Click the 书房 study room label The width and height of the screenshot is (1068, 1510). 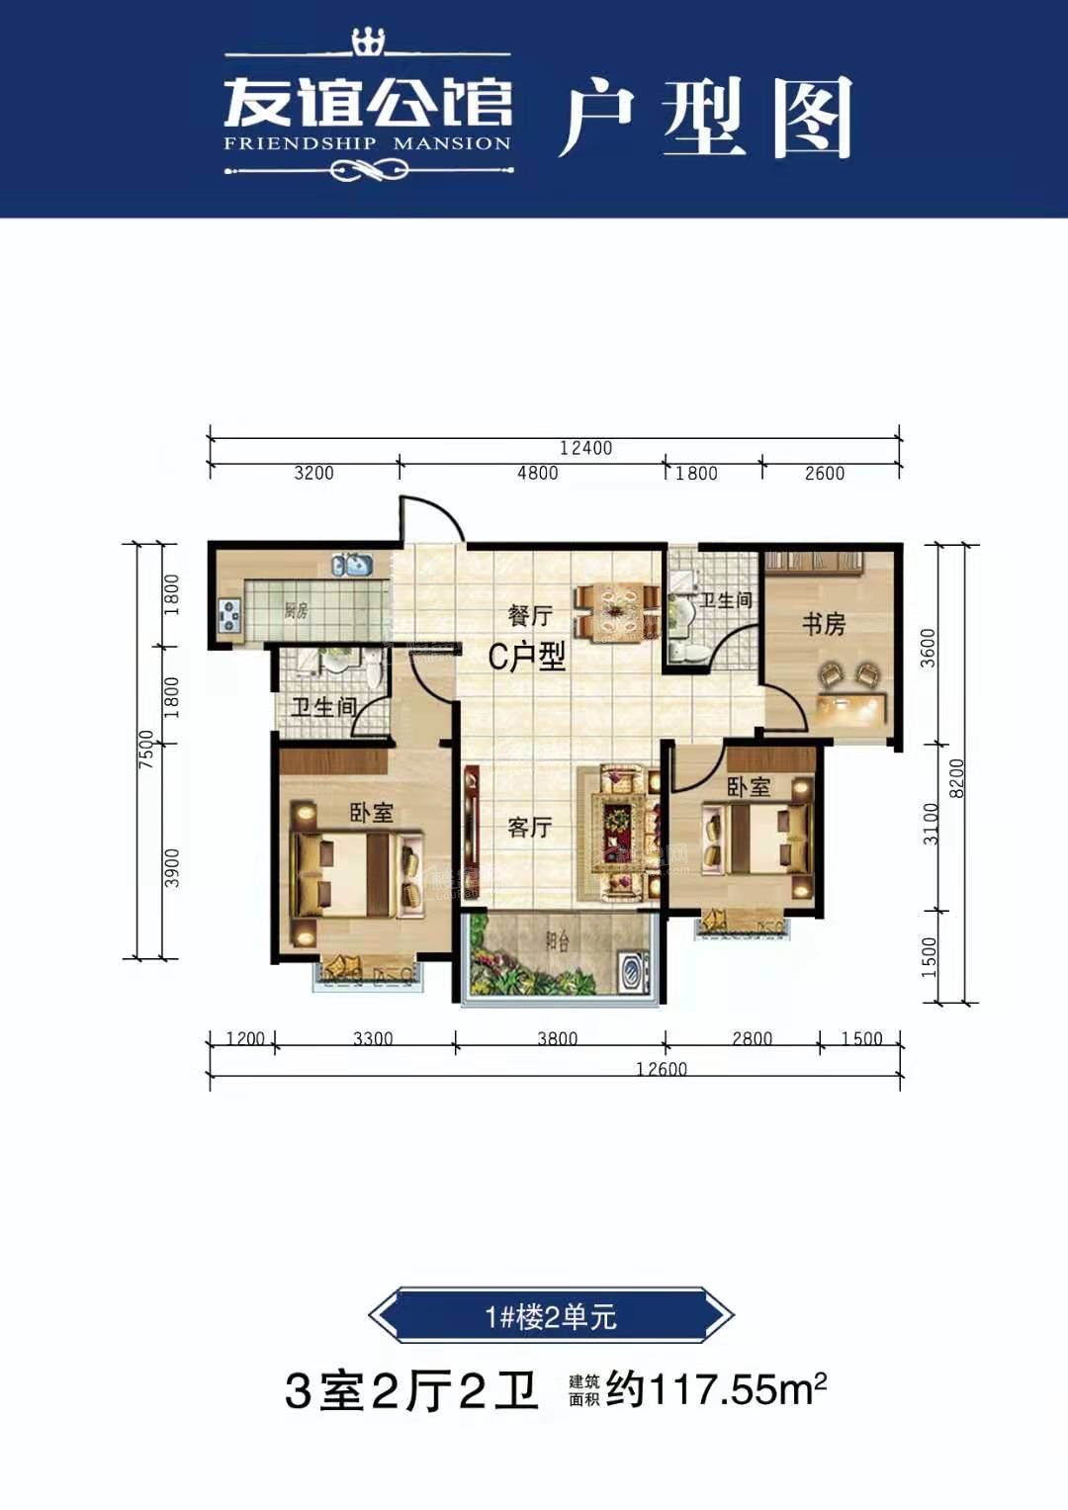point(823,624)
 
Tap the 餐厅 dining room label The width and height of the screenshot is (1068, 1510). point(530,615)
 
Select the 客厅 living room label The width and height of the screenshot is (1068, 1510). point(529,827)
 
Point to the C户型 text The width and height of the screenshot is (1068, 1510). point(527,656)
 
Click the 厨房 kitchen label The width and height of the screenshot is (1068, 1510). point(296,610)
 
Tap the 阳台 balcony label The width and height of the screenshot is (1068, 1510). point(558,941)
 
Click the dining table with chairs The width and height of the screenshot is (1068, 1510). point(618,611)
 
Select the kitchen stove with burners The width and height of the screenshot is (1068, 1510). point(230,616)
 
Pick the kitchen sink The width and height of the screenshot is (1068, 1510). point(352,565)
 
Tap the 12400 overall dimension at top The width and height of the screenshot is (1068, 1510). point(585,448)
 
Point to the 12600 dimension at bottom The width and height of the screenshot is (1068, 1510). point(662,1069)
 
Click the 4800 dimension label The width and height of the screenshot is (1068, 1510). point(537,473)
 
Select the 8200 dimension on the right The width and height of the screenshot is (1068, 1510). point(955,778)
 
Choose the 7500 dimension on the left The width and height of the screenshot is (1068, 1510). point(146,749)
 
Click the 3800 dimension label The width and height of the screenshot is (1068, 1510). point(557,1038)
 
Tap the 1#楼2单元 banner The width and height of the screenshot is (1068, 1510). point(551,1316)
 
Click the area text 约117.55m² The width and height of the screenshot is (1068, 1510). point(715,1389)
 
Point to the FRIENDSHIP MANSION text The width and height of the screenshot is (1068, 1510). point(367,143)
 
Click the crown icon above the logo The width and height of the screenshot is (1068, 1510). point(368,42)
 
